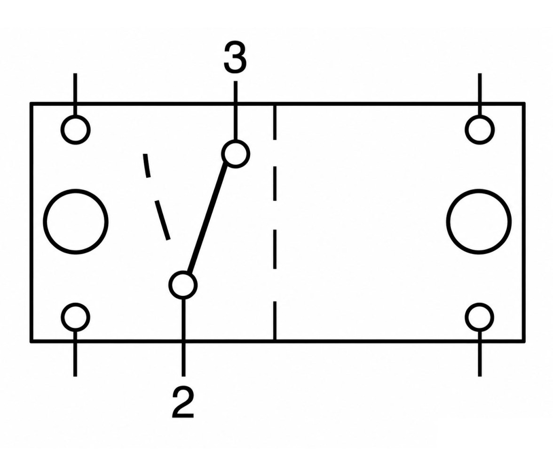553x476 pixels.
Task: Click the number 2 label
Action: coord(183,402)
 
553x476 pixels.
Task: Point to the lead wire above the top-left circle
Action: coord(75,94)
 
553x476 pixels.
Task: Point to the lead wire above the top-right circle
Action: coord(480,94)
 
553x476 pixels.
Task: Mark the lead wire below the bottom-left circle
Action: coord(75,354)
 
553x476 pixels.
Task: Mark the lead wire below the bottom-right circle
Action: coord(480,354)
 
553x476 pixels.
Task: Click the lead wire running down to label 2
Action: coord(183,338)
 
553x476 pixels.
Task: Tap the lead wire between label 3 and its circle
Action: coord(236,111)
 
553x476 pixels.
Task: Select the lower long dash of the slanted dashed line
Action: coord(162,220)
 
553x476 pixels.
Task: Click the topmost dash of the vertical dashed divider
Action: coord(275,122)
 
